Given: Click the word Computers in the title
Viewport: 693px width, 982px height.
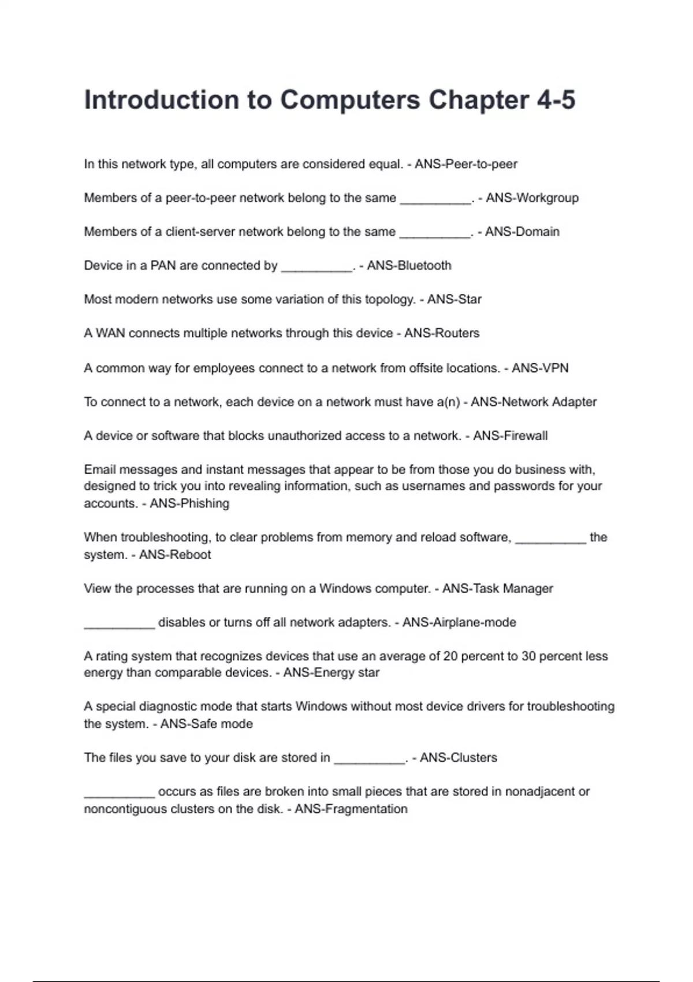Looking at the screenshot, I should (x=350, y=100).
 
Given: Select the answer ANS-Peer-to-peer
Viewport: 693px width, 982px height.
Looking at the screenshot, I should (x=466, y=164).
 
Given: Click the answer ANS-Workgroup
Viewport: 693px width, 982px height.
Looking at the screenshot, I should (x=532, y=198).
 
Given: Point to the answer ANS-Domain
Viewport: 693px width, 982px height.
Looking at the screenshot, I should (x=522, y=232).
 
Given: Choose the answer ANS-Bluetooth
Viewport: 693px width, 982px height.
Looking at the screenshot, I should (x=409, y=266).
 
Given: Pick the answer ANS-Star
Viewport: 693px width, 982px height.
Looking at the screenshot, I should (x=454, y=299).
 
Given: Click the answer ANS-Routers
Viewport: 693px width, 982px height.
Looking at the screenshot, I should (x=442, y=333).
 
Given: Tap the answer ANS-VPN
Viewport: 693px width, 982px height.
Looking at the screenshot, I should (x=540, y=368).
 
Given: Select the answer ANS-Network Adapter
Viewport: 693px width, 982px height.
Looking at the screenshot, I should (x=534, y=402).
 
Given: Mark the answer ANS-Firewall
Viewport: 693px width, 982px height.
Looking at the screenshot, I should (x=511, y=436).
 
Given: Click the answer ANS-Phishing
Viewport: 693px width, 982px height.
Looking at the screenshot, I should (x=189, y=504).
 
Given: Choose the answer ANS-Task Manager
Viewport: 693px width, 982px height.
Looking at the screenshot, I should (x=498, y=589).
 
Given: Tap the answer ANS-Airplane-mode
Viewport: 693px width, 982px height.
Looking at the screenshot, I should (x=459, y=623).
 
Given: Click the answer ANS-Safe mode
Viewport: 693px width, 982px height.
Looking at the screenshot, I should (x=206, y=724).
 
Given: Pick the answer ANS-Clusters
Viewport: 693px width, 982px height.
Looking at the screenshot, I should (x=459, y=758).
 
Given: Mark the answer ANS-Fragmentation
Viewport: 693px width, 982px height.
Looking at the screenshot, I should (x=351, y=809).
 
